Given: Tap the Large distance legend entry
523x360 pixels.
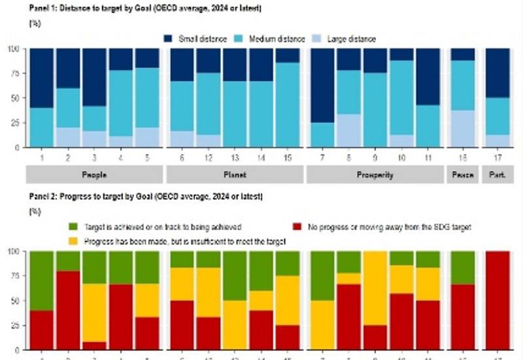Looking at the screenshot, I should point(346,39).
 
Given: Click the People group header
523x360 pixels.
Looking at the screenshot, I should point(95,175).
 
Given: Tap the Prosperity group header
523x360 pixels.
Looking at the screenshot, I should point(375,175).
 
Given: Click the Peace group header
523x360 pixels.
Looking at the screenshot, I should point(463,175).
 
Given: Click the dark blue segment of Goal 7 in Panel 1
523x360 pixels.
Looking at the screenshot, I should point(322,85).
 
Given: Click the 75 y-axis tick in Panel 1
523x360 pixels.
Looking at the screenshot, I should point(14,73).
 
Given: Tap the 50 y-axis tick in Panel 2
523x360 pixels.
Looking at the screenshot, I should point(14,299).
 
